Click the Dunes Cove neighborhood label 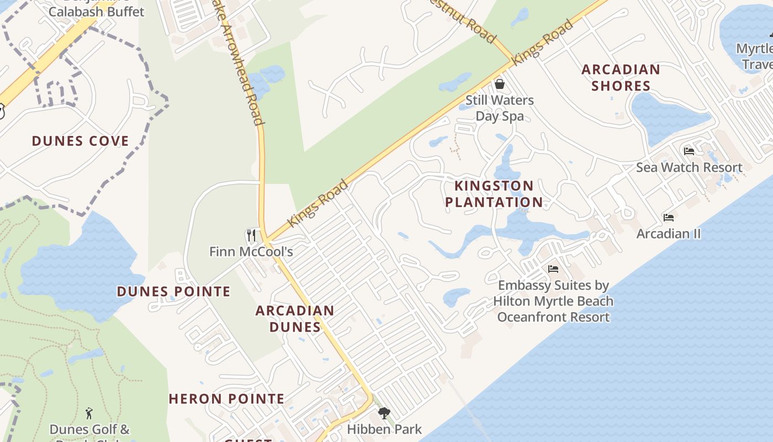[x=80, y=141]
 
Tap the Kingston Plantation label [x=494, y=194]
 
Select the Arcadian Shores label [x=621, y=77]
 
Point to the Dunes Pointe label [x=173, y=291]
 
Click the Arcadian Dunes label [x=295, y=319]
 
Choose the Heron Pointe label [x=226, y=398]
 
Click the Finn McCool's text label [x=251, y=252]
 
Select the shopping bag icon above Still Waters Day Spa [x=500, y=84]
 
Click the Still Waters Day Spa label [x=499, y=108]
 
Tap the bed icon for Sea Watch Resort [x=689, y=151]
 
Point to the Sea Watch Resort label [x=689, y=167]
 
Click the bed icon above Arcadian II [x=669, y=217]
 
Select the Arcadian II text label [x=669, y=234]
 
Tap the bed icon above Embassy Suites [x=553, y=269]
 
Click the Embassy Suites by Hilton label [x=553, y=301]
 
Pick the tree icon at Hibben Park [x=384, y=413]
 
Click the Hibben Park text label [x=384, y=429]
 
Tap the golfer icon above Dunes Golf [x=89, y=413]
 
